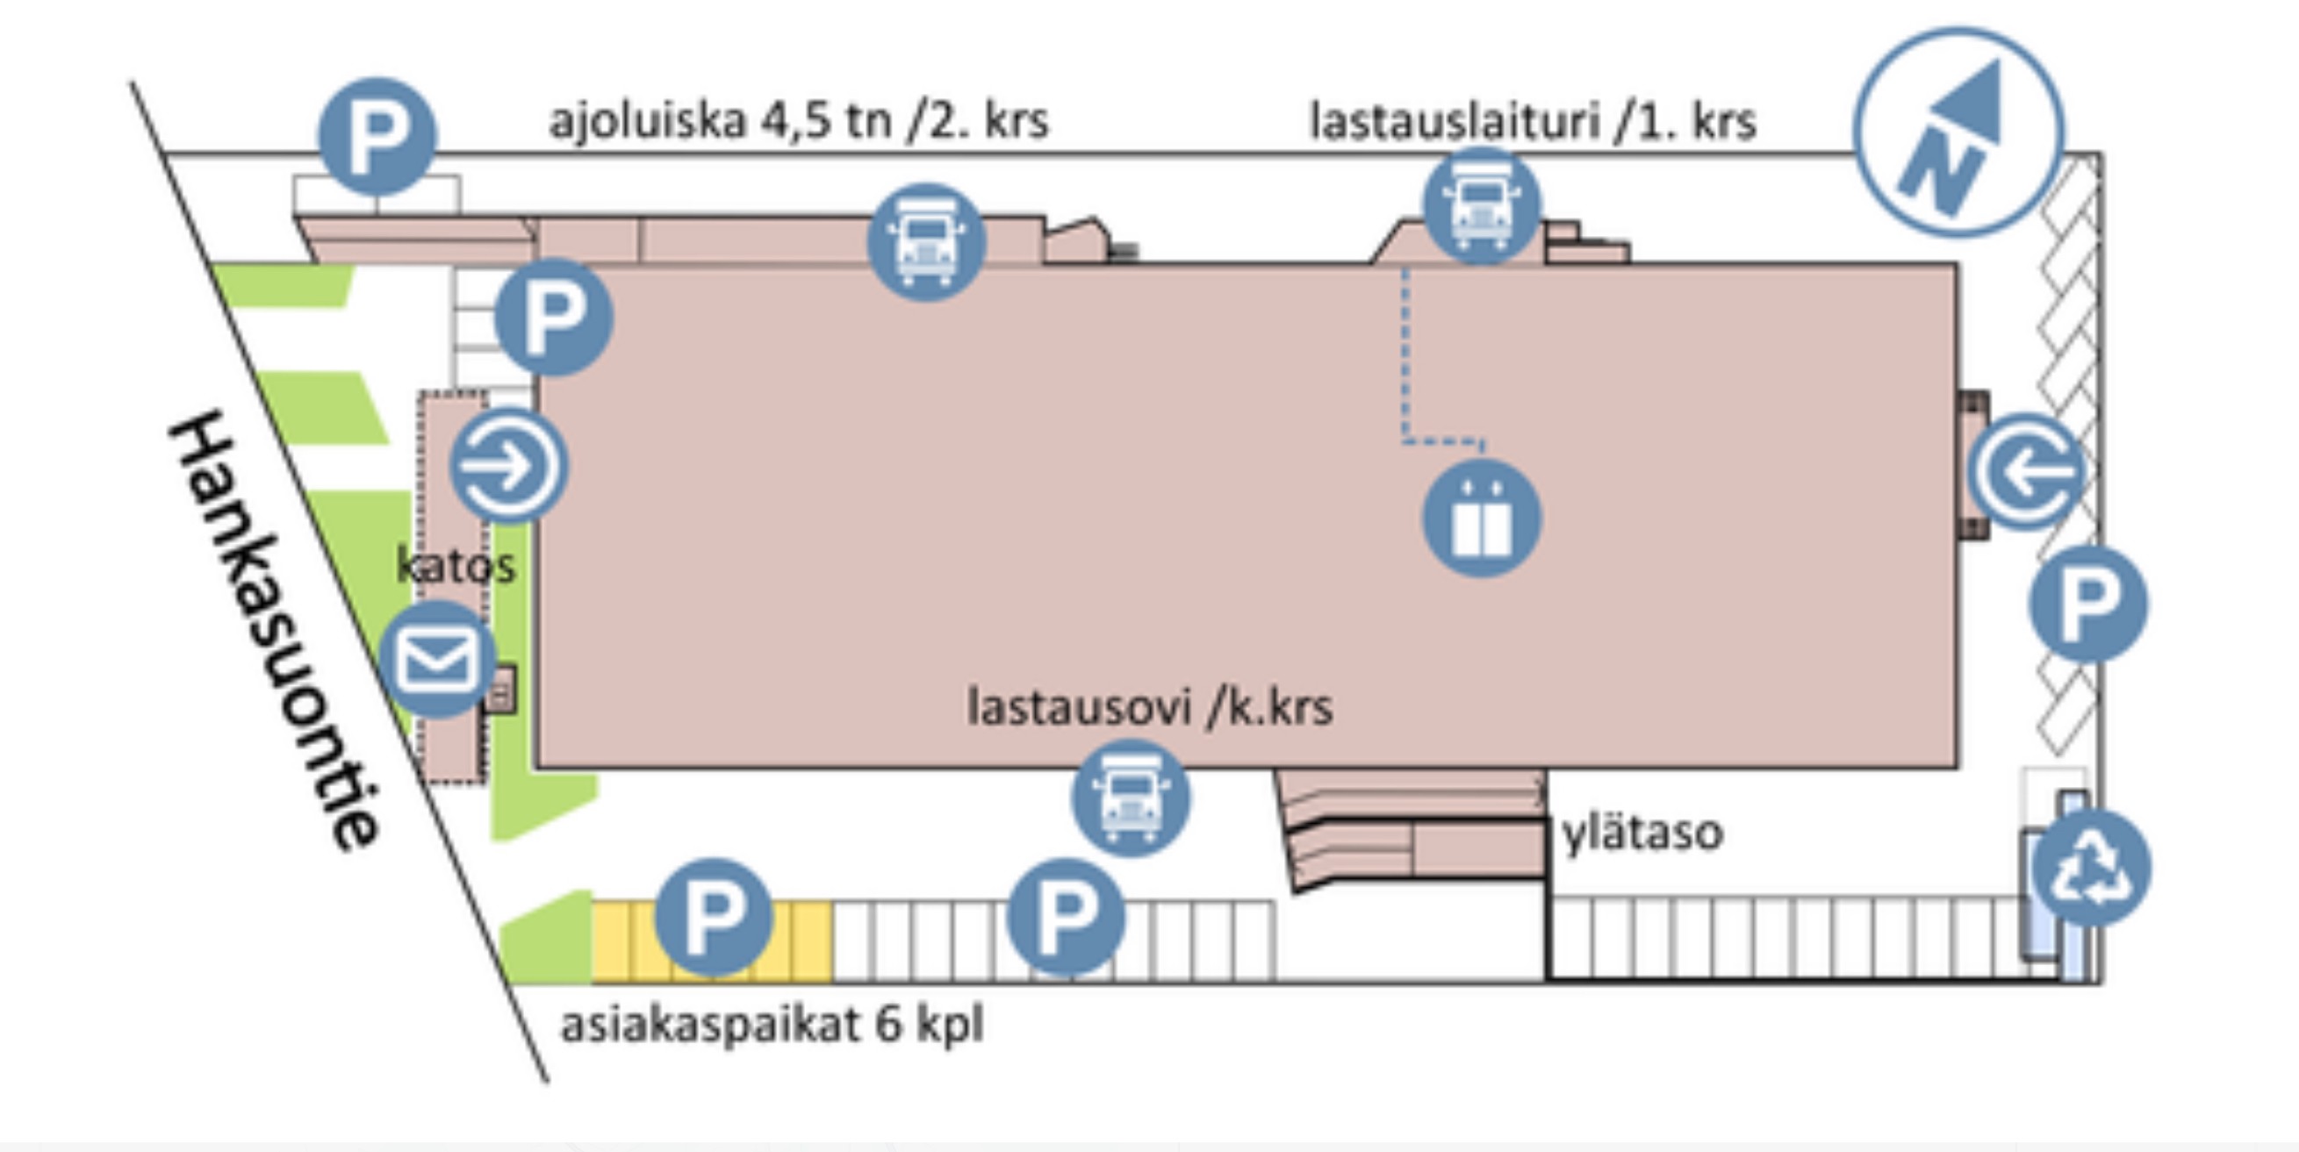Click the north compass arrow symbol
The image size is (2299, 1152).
[x=1959, y=132]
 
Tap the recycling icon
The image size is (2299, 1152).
[x=2092, y=869]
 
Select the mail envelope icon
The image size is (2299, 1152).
[x=437, y=660]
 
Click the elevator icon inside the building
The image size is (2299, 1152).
[x=1482, y=519]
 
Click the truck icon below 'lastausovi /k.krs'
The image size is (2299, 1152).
[x=1131, y=798]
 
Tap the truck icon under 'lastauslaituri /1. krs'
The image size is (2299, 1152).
[x=1482, y=206]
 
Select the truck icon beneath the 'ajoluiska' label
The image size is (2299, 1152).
[x=926, y=242]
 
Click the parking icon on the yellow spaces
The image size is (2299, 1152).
[x=713, y=918]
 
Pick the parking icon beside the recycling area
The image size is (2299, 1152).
[x=2088, y=605]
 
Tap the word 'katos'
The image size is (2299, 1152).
[x=456, y=566]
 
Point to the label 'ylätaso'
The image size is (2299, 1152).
[x=1642, y=833]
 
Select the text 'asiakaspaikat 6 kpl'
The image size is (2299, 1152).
[x=772, y=1025]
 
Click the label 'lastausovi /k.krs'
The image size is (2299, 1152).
[x=1151, y=706]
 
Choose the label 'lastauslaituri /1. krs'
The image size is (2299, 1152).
[x=1534, y=120]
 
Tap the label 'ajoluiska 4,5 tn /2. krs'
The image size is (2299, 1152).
[x=799, y=119]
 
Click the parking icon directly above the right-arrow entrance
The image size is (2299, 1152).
[x=554, y=317]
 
